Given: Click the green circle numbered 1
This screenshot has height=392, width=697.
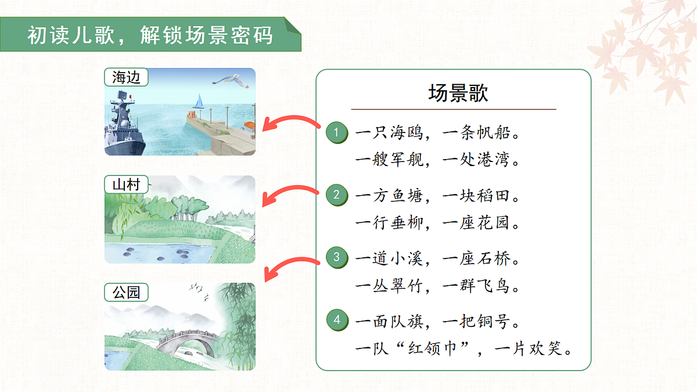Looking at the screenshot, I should (336, 134).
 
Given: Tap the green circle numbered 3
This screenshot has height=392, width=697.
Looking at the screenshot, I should (336, 257).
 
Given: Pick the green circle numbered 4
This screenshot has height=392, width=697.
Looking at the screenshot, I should (336, 320).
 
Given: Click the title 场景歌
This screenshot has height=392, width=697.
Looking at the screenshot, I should (458, 93).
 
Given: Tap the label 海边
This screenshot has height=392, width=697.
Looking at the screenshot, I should (126, 77).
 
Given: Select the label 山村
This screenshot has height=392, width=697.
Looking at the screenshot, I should (126, 185).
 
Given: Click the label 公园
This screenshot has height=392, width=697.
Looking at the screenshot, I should (126, 292).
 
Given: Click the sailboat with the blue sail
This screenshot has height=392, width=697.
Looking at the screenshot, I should (199, 102).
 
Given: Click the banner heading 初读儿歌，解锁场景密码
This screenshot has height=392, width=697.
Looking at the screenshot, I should (150, 36).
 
